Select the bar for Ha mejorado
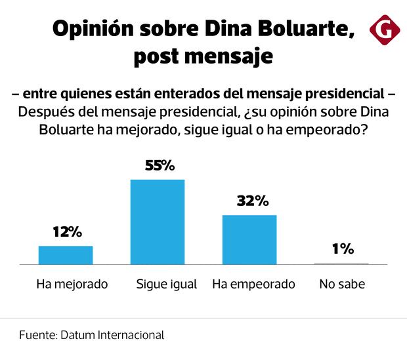coord(66,254)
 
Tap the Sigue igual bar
coord(158,221)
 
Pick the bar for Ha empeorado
coord(249,239)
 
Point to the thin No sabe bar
coord(341,263)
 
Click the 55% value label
coord(160,166)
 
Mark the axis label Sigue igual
coord(166,285)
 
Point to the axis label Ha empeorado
coord(253,285)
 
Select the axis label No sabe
coord(341,285)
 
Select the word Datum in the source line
coord(79,334)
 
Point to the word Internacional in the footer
coord(131,334)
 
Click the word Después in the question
coord(44,112)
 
